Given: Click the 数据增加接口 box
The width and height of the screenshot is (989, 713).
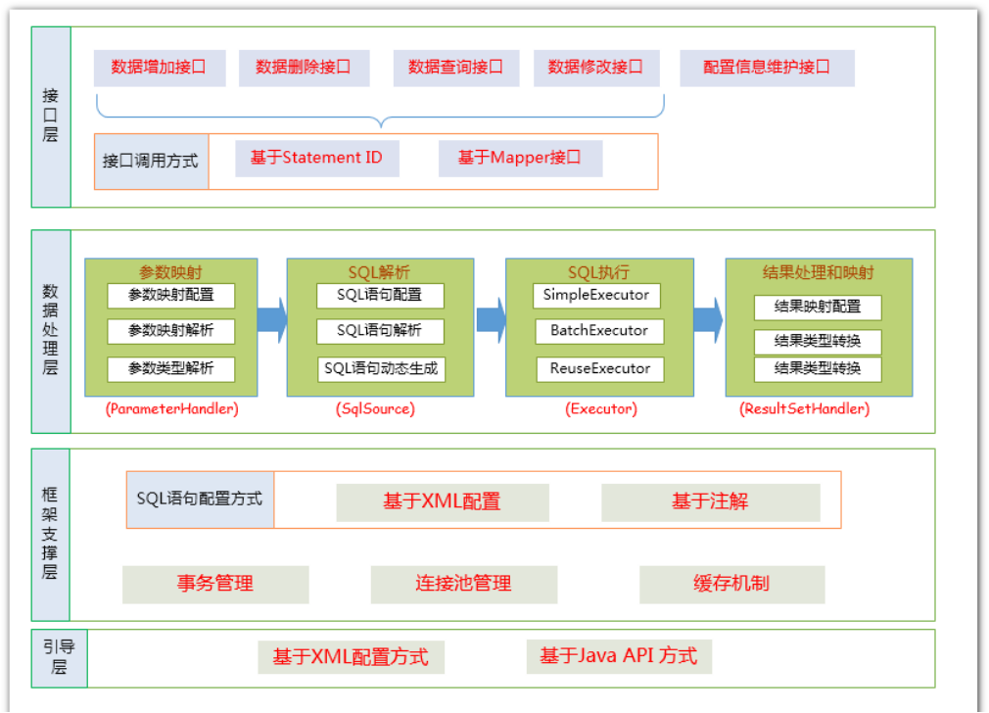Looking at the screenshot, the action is (160, 69).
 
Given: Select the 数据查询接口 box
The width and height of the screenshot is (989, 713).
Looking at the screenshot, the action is (456, 69).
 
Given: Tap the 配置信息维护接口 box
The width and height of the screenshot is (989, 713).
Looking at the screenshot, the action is (767, 69).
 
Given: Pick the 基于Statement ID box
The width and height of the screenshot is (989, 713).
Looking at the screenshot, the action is (317, 159).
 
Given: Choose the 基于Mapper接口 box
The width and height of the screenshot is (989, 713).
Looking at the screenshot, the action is (520, 159).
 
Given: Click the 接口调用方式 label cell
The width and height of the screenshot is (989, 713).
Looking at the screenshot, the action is (152, 162).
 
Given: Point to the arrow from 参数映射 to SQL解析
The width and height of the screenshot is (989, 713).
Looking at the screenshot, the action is (272, 320).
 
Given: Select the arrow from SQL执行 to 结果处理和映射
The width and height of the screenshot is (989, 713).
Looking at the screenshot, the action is (708, 320).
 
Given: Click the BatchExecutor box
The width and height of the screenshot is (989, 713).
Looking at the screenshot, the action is (599, 331).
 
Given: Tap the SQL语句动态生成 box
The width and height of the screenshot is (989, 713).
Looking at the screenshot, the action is (381, 369).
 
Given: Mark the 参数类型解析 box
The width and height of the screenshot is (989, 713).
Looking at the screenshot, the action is (171, 369).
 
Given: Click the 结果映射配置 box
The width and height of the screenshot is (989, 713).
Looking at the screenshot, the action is (818, 308).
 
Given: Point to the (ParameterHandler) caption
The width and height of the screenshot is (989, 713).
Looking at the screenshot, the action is (171, 408).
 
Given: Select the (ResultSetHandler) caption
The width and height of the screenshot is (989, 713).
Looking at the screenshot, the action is (804, 408).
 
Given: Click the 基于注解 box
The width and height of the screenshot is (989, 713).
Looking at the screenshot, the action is (711, 502).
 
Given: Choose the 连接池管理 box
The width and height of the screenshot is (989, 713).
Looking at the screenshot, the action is (463, 585).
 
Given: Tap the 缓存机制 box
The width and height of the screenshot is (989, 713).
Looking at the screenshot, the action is (731, 585).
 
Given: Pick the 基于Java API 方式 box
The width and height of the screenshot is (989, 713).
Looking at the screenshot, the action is (619, 657).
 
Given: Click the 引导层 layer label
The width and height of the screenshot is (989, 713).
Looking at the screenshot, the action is (60, 658).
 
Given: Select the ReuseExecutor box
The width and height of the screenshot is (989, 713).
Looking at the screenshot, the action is (600, 369).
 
